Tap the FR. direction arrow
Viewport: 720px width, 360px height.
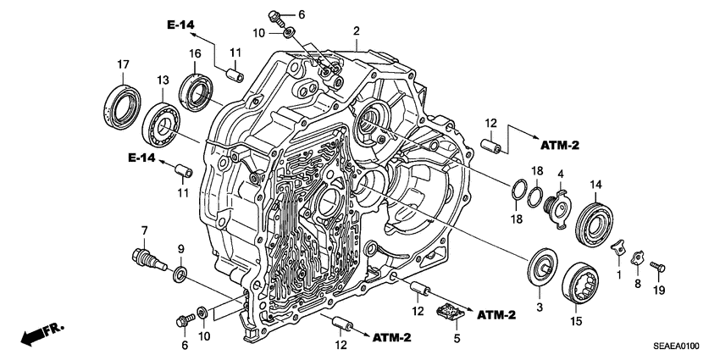tap(38, 333)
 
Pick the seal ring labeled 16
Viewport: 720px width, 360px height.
tap(197, 91)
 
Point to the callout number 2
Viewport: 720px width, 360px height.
tap(357, 31)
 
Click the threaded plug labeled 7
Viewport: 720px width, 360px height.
tap(146, 255)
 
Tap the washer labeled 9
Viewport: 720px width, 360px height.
tap(180, 274)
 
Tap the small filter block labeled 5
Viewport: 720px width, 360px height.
tap(451, 314)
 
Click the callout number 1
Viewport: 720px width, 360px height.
tap(618, 274)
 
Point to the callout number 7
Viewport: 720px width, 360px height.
tap(144, 230)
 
